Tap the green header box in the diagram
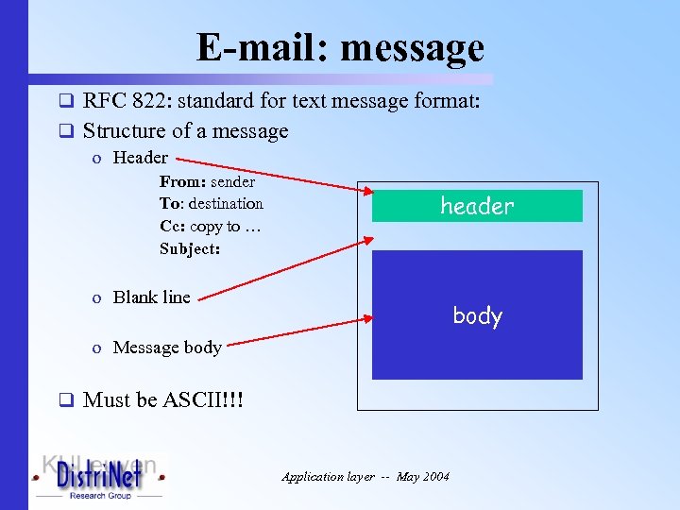477,206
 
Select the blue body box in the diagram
477,314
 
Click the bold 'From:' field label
182,182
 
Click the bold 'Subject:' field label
190,249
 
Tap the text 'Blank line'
151,297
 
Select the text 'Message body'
166,348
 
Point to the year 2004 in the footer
436,477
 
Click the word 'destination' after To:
226,204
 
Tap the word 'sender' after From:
232,182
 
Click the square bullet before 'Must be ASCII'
66,400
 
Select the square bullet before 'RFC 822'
66,100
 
